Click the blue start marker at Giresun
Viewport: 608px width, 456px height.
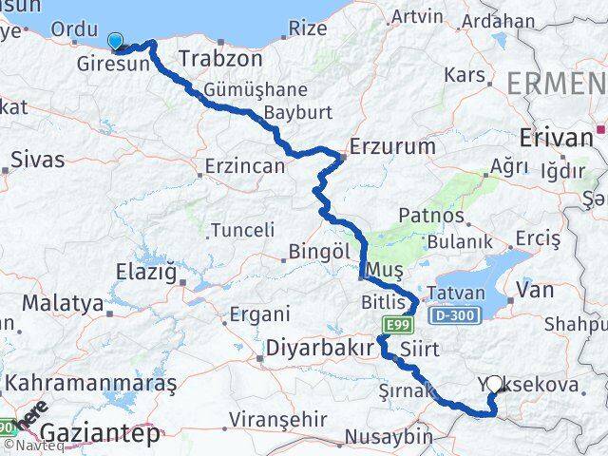pyautogui.click(x=116, y=41)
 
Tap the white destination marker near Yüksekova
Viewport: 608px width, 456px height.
pyautogui.click(x=494, y=385)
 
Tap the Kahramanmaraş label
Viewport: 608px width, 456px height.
pyautogui.click(x=90, y=384)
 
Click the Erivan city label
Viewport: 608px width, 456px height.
pyautogui.click(x=556, y=138)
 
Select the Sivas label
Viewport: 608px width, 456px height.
pyautogui.click(x=38, y=159)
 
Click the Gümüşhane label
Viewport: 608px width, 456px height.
pyautogui.click(x=241, y=90)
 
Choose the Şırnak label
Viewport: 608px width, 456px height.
pyautogui.click(x=406, y=389)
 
